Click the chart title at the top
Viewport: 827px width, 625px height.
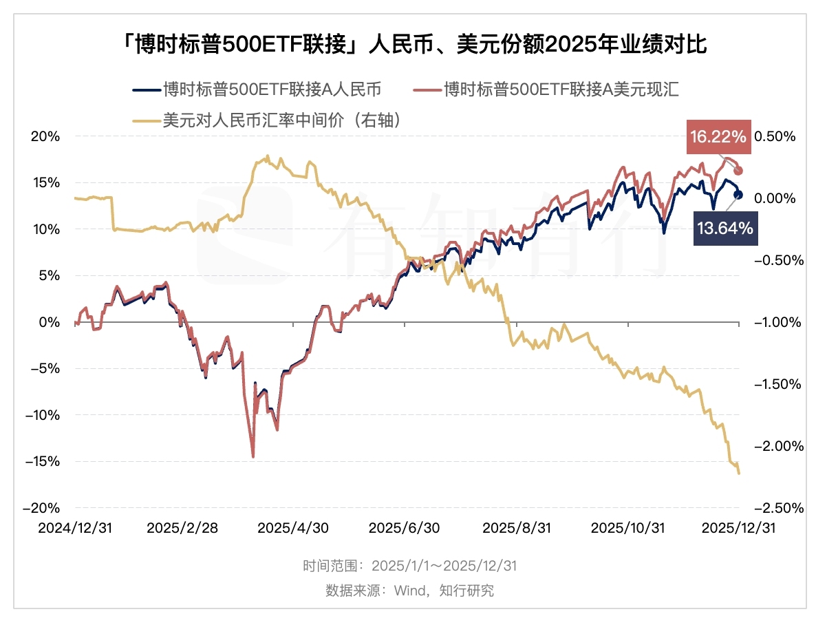point(413,45)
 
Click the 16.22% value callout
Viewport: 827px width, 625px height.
point(718,137)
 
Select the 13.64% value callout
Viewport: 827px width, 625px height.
point(724,228)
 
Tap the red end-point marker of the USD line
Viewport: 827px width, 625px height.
point(739,170)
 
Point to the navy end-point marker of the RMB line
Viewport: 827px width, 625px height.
point(739,195)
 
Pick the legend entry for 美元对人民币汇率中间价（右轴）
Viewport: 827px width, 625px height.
point(265,120)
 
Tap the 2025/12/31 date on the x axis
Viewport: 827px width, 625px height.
point(739,528)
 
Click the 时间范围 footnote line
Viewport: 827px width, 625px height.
point(410,566)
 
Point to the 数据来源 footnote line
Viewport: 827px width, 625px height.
point(410,591)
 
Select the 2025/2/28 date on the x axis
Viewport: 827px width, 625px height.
point(182,528)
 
